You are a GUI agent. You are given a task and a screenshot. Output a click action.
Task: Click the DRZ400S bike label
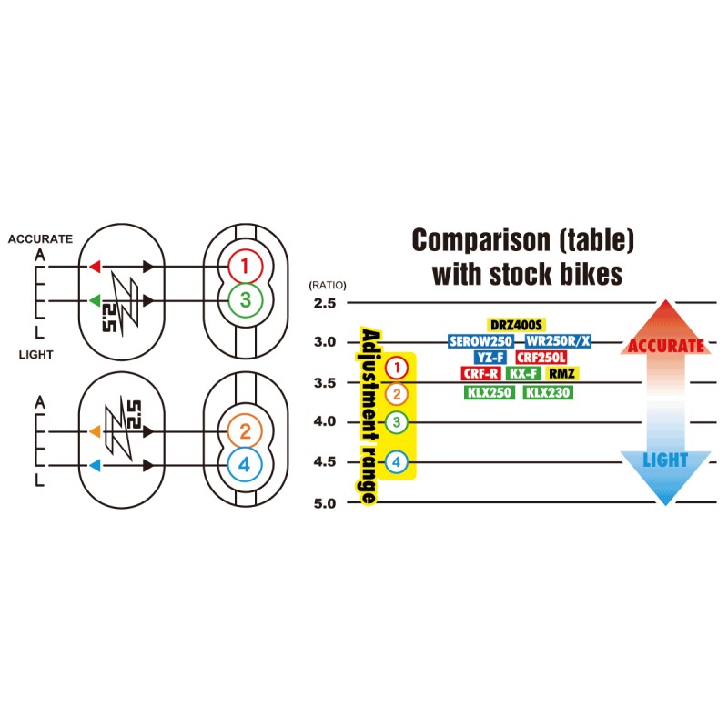point(516,325)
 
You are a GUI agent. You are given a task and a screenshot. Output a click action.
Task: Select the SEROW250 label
point(482,341)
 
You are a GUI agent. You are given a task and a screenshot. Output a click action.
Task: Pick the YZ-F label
point(490,358)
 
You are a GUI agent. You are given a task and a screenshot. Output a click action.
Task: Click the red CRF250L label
point(541,358)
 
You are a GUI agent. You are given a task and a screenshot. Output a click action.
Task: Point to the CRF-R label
point(481,374)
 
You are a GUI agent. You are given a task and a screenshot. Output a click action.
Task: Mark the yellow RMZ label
point(563,374)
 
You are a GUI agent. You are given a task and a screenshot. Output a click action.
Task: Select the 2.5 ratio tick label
point(324,302)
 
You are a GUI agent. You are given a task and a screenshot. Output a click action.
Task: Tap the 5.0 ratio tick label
point(324,503)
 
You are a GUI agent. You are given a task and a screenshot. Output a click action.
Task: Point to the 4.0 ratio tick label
point(324,422)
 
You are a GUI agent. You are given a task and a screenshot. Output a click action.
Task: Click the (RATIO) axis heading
point(328,285)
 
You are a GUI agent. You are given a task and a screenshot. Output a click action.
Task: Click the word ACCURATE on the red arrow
point(667,346)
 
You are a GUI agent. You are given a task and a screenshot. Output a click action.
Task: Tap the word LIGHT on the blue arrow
point(666,460)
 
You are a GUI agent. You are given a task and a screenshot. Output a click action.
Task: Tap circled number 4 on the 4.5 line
point(396,462)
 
